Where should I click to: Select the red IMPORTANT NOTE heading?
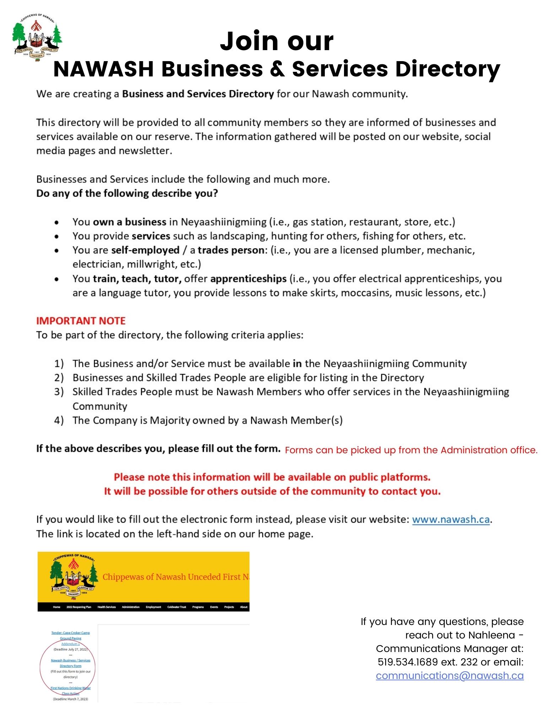pos(81,321)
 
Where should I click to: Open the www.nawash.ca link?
pos(451,519)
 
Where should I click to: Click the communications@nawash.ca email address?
pos(450,675)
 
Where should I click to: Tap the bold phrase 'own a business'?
pos(129,222)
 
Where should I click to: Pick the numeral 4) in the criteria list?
pos(59,420)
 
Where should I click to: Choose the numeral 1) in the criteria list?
pos(59,363)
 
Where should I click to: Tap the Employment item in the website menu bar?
pos(153,607)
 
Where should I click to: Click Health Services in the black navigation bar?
pos(107,607)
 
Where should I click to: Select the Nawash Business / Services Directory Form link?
pos(70,663)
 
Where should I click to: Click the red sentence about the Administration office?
pos(411,450)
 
